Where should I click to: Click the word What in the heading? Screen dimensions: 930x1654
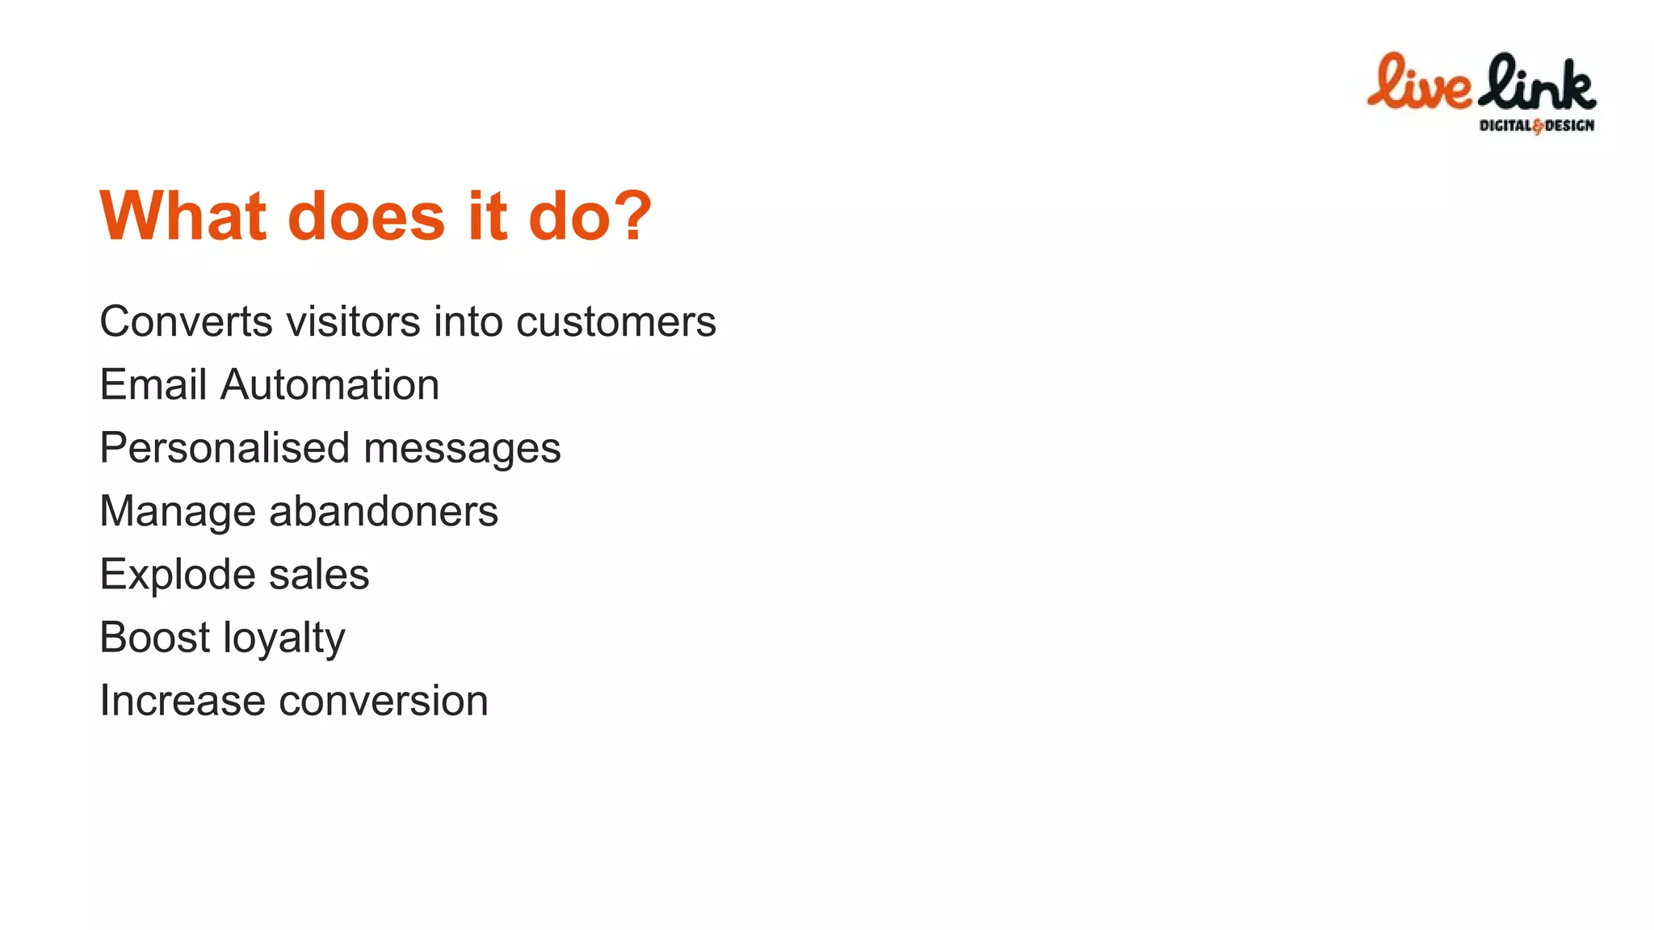(x=183, y=216)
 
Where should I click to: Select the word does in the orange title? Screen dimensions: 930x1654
(x=366, y=216)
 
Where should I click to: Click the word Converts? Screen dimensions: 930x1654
(x=187, y=321)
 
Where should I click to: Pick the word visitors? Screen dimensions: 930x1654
(x=354, y=321)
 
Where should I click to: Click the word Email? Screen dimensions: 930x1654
(x=153, y=384)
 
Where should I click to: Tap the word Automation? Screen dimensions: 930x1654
(x=330, y=384)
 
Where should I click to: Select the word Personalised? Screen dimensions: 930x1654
(x=225, y=448)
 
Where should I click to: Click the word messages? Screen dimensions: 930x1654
(x=462, y=449)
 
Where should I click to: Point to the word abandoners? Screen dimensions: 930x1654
(x=384, y=511)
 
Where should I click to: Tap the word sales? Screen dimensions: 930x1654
(x=319, y=575)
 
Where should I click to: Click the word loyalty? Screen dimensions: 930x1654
(x=283, y=639)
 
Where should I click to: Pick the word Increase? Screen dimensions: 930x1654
(x=182, y=701)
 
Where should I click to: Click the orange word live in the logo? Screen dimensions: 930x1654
(x=1419, y=83)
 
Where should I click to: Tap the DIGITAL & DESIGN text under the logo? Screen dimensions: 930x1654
(x=1536, y=125)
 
